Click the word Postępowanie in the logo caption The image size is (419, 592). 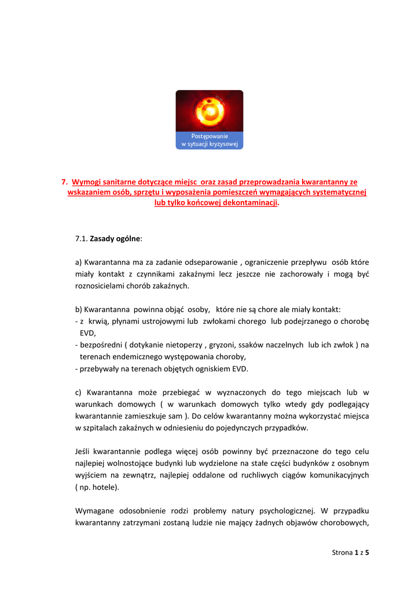(x=209, y=136)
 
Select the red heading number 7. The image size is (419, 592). (x=65, y=182)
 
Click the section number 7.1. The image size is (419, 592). (x=82, y=238)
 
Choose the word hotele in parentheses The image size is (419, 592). (x=104, y=487)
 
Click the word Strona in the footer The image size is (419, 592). (x=342, y=553)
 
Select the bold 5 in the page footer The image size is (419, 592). (x=367, y=553)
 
